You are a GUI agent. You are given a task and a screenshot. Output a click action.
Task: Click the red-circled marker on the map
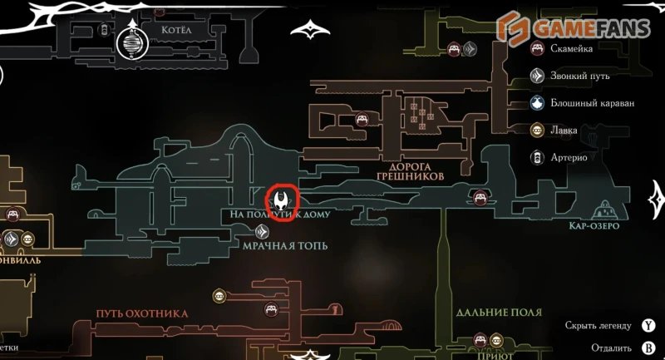281,202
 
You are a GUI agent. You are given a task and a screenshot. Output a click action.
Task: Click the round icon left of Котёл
131,41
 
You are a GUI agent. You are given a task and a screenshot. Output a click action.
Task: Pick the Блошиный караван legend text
592,103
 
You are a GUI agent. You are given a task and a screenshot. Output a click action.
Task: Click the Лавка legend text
567,130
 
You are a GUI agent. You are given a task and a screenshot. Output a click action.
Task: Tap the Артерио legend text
573,157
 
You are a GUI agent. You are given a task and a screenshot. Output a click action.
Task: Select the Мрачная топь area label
286,245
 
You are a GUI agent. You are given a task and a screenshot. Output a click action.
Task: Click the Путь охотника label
142,313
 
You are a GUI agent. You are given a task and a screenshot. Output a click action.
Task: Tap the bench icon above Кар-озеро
480,197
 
